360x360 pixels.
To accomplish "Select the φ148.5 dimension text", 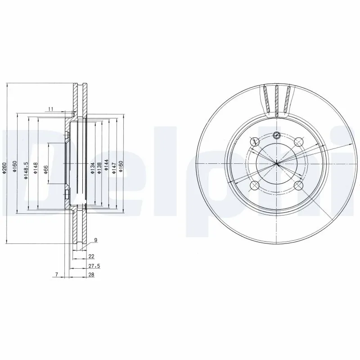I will [x=27, y=171].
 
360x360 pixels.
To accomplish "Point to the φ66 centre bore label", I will [x=45, y=170].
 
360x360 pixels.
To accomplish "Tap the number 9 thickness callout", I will [x=95, y=239].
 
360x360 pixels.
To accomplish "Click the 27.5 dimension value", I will [x=94, y=266].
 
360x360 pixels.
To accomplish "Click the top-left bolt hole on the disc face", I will [x=255, y=141].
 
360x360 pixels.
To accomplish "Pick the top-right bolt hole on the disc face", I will [x=298, y=142].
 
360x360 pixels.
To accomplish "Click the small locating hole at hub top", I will [x=276, y=135].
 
